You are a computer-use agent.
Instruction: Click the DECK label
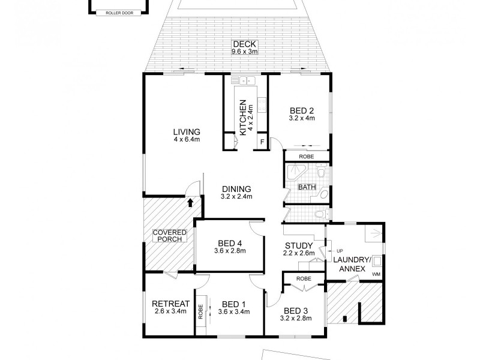point(240,44)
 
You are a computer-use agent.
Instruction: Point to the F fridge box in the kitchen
point(262,142)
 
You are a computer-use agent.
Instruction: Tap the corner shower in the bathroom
point(293,174)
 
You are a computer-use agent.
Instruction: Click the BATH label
point(307,187)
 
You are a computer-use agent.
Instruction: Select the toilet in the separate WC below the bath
point(320,214)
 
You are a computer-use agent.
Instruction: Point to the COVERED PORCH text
point(169,235)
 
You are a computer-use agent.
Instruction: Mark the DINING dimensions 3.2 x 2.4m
point(236,196)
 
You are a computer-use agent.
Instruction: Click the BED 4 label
point(230,243)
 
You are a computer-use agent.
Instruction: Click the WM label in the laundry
point(376,274)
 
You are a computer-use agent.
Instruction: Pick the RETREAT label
point(170,303)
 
